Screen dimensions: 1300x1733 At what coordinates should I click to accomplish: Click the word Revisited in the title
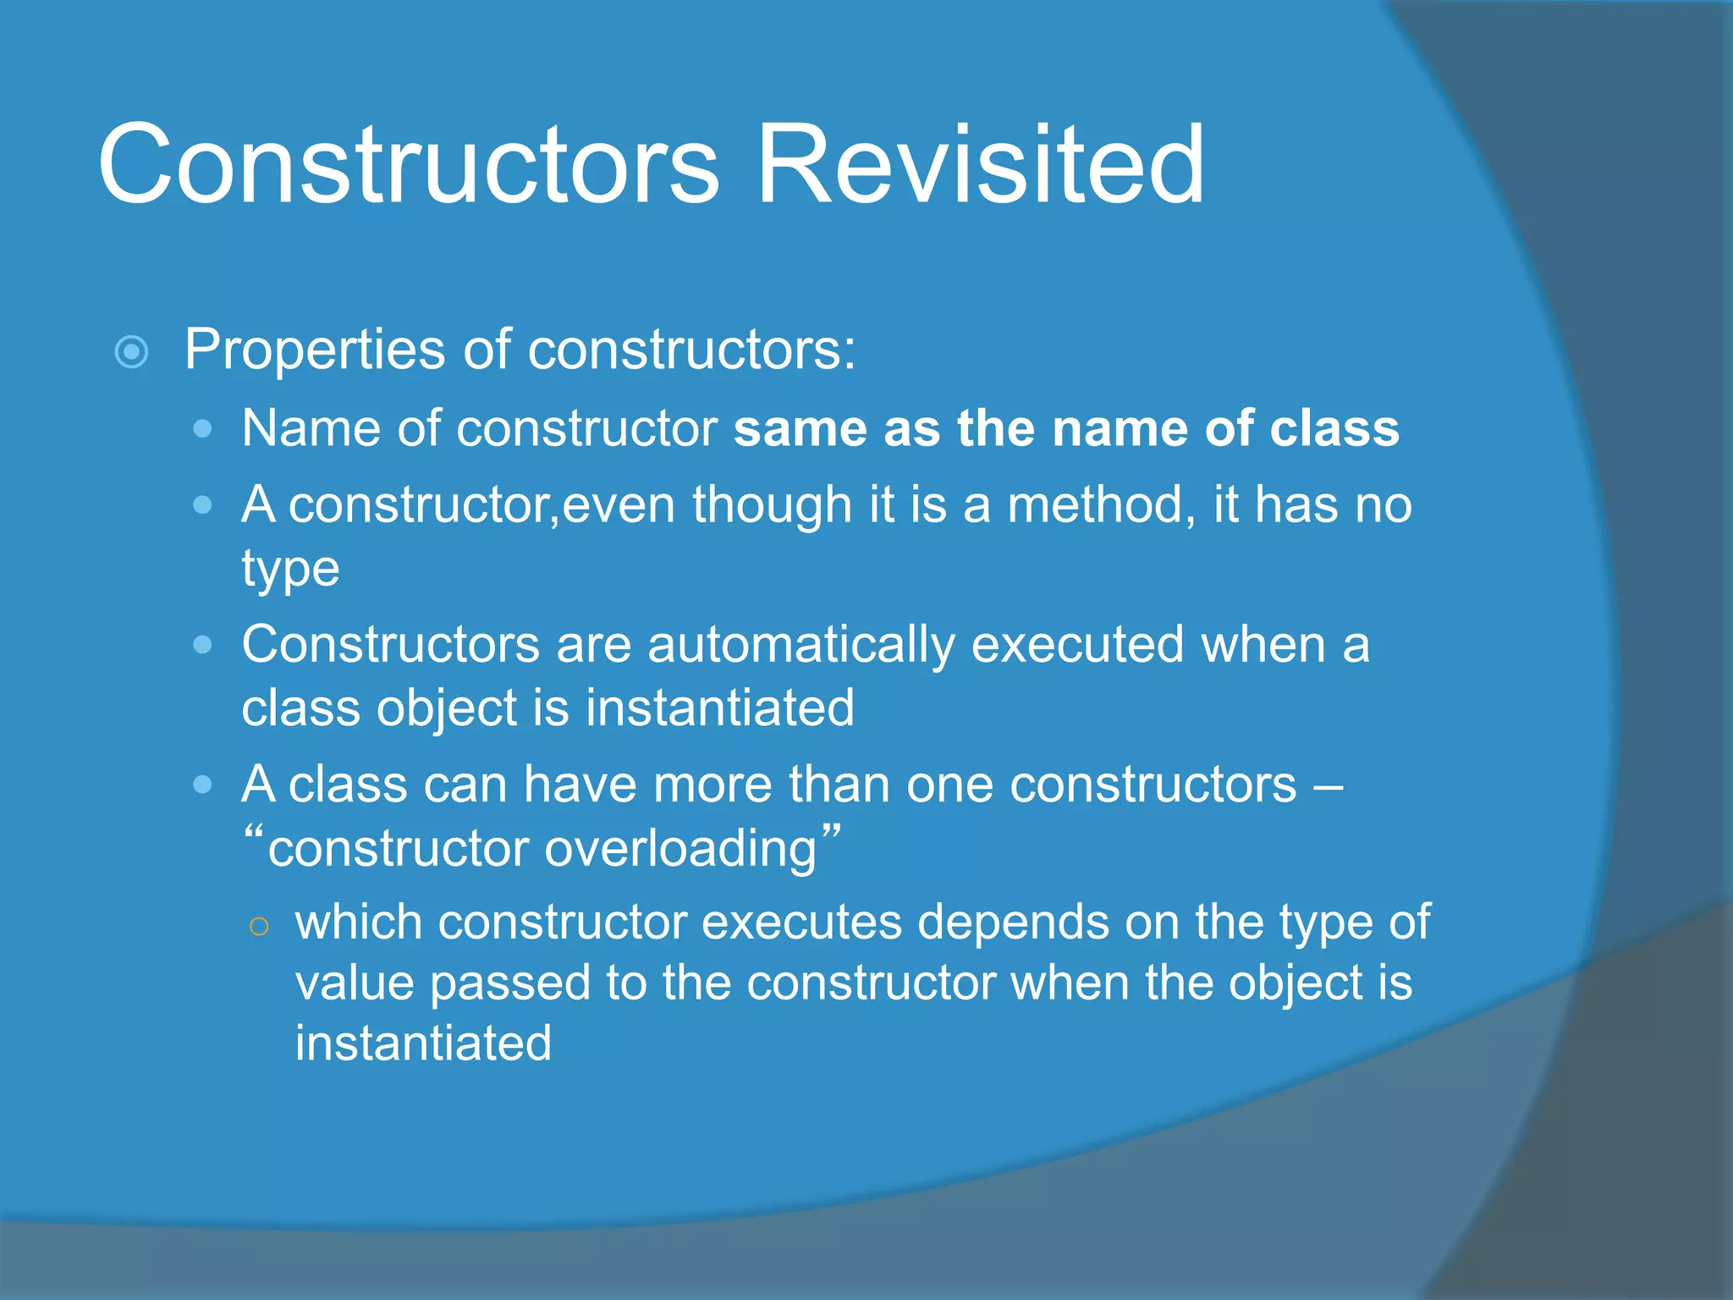pyautogui.click(x=980, y=165)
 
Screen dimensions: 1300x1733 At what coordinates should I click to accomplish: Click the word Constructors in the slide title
pyautogui.click(x=408, y=165)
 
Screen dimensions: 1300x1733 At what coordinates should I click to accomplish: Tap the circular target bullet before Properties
pyautogui.click(x=132, y=351)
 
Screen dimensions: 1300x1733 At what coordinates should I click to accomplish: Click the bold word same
pyautogui.click(x=800, y=429)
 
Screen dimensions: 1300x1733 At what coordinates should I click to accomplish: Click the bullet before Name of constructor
pyautogui.click(x=202, y=429)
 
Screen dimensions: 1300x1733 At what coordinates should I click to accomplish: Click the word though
pyautogui.click(x=772, y=505)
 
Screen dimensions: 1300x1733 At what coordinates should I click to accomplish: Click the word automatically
pyautogui.click(x=800, y=646)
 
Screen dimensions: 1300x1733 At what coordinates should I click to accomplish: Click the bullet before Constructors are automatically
pyautogui.click(x=202, y=646)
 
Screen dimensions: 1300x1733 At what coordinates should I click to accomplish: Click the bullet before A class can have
pyautogui.click(x=202, y=785)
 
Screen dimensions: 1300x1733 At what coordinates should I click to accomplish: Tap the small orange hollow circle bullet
pyautogui.click(x=260, y=927)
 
